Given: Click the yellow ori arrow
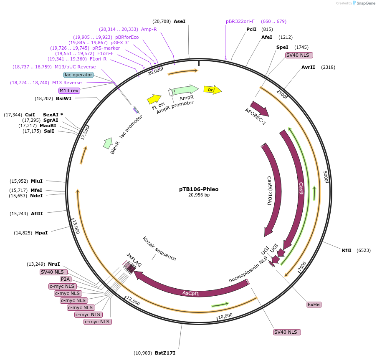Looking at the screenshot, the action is pos(213,90).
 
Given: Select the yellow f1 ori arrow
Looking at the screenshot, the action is pos(154,99).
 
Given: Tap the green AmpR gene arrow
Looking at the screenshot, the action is pos(185,90).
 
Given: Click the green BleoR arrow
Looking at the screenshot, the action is pos(108,143).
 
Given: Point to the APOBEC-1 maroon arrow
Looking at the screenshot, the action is pos(260,108).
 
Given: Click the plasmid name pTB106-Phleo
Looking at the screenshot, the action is pos(199,189).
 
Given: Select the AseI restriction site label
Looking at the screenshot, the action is pos(180,21).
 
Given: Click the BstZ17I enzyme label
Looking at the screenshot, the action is pos(165,353).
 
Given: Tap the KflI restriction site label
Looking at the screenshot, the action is pos(347,250).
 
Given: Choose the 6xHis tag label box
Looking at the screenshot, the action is pos(314,305).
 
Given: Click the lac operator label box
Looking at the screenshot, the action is pos(78,75).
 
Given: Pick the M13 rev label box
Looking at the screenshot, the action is pos(69,91).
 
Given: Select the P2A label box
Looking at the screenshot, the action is pos(66,279).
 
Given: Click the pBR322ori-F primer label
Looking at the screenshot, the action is pos(240,21).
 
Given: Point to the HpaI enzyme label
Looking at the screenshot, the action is pos(41,233).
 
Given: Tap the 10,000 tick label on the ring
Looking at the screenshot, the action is pos(225,316).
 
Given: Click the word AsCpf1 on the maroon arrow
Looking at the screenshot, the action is pos(191,293).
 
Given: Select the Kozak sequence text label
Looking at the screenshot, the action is pos(159,249).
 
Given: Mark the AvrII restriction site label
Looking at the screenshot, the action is pos(308,67).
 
